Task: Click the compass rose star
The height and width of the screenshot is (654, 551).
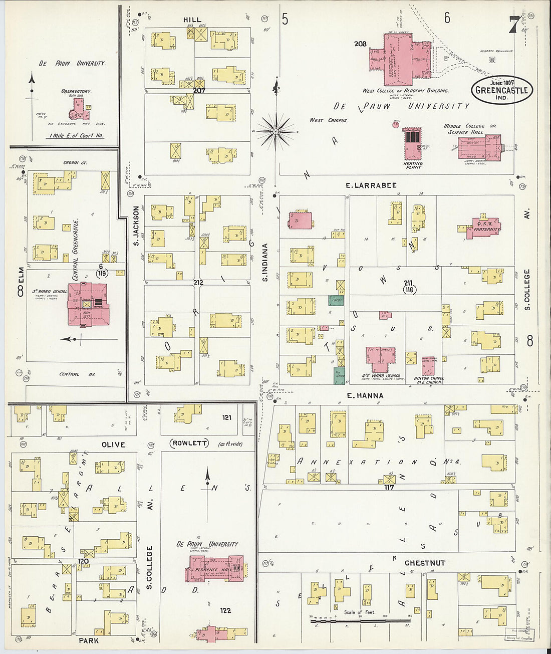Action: click(x=275, y=132)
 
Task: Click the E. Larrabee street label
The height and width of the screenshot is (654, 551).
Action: click(x=371, y=185)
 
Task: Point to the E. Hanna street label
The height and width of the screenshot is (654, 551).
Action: click(x=365, y=395)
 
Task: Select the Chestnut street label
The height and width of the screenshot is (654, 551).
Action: click(x=425, y=563)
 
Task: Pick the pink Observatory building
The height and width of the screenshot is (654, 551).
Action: click(x=78, y=108)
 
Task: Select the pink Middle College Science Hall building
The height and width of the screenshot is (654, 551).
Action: click(x=479, y=147)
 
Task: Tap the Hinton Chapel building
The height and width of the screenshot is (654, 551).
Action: click(x=428, y=366)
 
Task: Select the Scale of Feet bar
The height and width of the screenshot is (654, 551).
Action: click(x=360, y=621)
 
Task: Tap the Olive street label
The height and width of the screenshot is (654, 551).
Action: click(x=113, y=445)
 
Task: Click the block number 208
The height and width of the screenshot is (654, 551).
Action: click(x=360, y=44)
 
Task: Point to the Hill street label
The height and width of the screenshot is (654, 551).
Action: click(x=192, y=20)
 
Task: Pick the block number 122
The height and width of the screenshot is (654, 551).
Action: click(x=225, y=610)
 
